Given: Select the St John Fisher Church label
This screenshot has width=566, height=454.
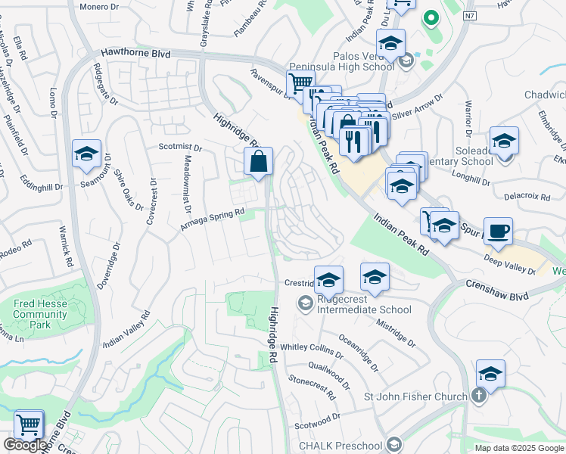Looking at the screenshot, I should tap(415, 396).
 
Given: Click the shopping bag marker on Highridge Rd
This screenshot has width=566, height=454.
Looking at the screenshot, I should tap(259, 161).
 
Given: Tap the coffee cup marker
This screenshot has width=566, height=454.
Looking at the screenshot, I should tap(498, 231).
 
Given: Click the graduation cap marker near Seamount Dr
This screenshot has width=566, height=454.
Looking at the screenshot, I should tap(87, 154).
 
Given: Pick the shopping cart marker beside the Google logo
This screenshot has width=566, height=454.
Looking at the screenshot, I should tap(29, 424).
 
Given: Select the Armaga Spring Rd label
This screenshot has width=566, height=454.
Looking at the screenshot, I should tap(212, 220).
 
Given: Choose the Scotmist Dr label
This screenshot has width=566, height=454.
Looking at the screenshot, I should tap(180, 148).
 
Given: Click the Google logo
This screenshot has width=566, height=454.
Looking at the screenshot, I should tap(26, 445).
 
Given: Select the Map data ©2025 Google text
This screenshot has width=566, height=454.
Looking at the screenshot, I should tap(519, 448).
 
